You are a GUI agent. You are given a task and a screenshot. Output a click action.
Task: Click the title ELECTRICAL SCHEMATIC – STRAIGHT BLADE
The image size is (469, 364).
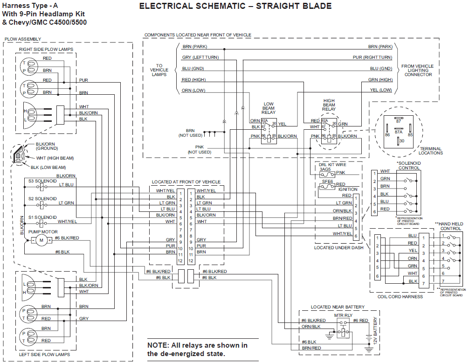pyautogui.click(x=235, y=6)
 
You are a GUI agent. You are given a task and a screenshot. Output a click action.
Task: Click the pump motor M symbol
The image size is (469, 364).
pyautogui.click(x=41, y=240)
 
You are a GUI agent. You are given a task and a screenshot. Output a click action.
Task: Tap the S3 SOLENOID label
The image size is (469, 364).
pyautogui.click(x=42, y=180)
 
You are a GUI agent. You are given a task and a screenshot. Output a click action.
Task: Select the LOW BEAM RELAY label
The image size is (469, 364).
pyautogui.click(x=269, y=108)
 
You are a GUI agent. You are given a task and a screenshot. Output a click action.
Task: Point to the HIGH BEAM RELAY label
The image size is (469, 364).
pyautogui.click(x=329, y=105)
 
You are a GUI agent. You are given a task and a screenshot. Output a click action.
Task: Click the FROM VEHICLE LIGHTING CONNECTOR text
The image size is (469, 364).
pyautogui.click(x=418, y=70)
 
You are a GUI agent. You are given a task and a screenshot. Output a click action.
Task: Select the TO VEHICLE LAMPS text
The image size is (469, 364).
pyautogui.click(x=159, y=70)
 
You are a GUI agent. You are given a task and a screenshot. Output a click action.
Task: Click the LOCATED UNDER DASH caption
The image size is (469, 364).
pyautogui.click(x=338, y=247)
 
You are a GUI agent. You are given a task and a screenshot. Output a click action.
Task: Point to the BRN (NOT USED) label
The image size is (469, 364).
pyautogui.click(x=190, y=133)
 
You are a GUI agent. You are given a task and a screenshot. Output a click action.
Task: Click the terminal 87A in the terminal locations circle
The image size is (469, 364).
pyautogui.click(x=398, y=132)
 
